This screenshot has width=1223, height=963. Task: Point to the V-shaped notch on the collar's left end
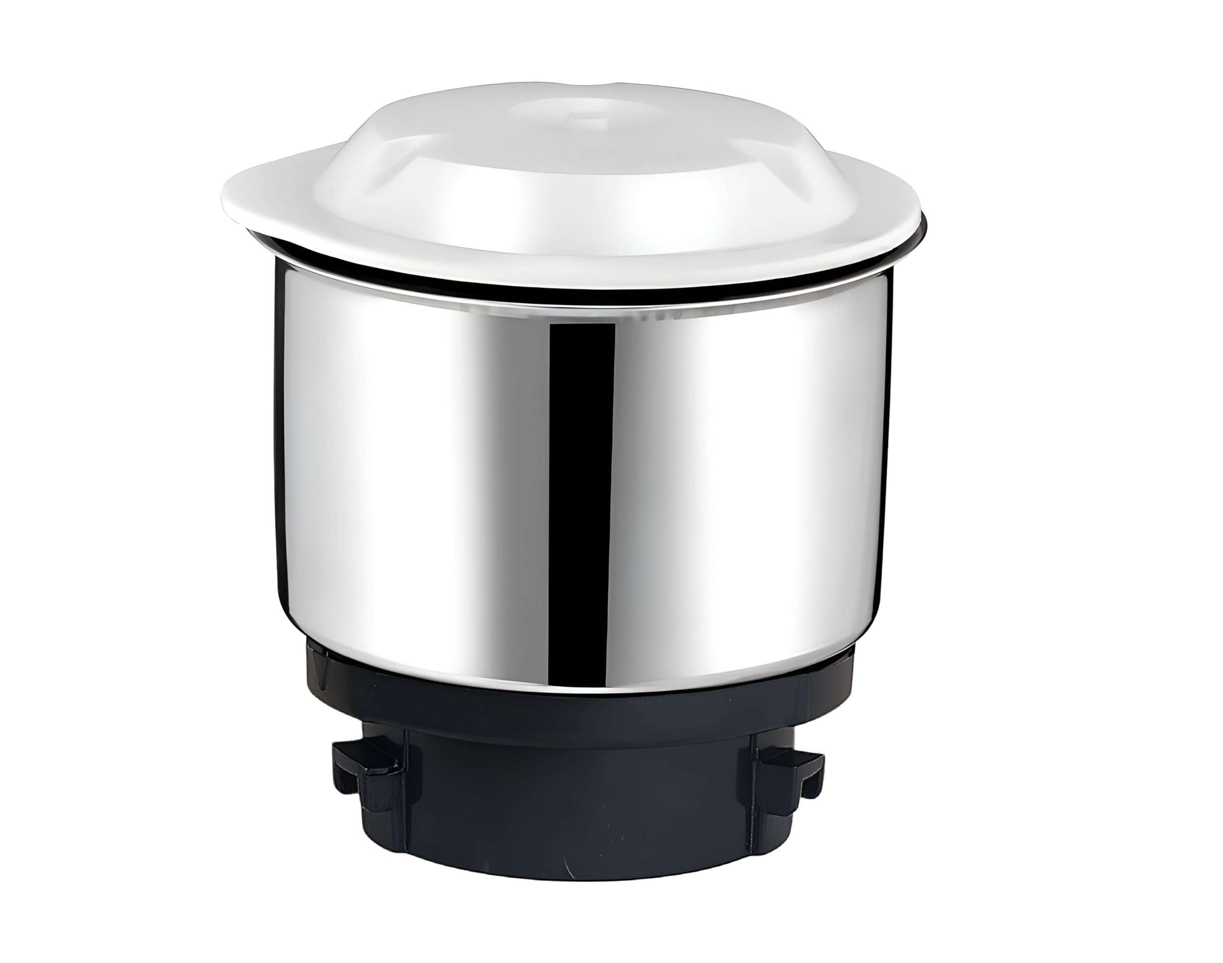coord(322,674)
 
